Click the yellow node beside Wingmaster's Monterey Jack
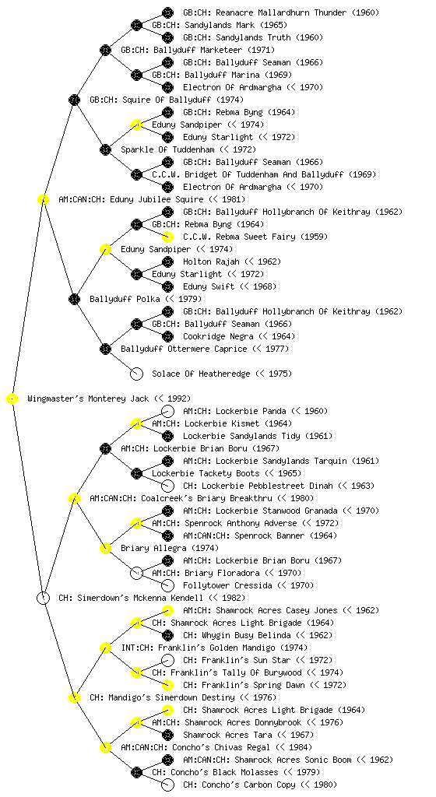pos(12,399)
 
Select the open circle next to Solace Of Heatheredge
pos(136,374)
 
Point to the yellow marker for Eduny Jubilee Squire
pos(43,200)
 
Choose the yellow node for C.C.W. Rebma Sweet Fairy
pos(167,237)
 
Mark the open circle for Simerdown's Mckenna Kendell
pos(43,599)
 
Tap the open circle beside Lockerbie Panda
pos(167,411)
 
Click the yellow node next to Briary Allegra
pos(105,548)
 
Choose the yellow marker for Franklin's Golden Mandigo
pos(105,648)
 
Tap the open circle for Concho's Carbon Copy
pos(167,785)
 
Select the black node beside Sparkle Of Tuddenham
pos(105,150)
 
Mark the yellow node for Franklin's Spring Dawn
pos(167,685)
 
